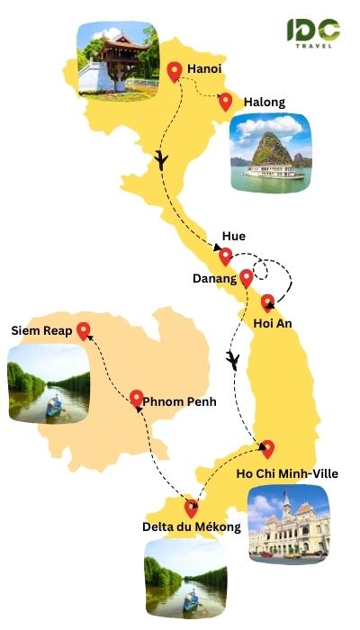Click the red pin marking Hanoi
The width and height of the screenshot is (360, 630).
(x=175, y=71)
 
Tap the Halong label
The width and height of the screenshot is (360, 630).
(x=264, y=102)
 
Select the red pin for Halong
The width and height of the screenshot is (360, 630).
(x=225, y=102)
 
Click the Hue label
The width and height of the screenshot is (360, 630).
(x=234, y=237)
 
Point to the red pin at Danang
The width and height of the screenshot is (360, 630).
(x=246, y=277)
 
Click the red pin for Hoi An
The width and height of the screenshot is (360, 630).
(x=267, y=303)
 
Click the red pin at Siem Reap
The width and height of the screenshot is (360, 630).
(x=84, y=331)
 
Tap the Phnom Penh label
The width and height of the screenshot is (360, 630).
(x=180, y=401)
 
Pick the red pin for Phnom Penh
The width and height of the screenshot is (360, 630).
(x=136, y=398)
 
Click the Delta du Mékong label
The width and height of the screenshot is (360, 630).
(x=192, y=526)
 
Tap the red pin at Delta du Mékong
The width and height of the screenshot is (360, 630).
(x=190, y=507)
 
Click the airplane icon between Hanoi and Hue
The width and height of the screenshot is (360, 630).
(x=162, y=160)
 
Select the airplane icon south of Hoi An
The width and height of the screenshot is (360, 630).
(x=233, y=361)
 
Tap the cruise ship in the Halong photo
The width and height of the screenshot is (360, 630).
(x=275, y=168)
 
